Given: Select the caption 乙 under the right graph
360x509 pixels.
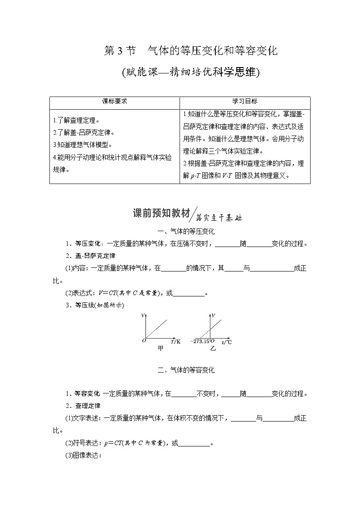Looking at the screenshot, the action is pyautogui.click(x=213, y=349).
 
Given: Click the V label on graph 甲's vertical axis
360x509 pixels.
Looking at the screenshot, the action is pyautogui.click(x=143, y=315).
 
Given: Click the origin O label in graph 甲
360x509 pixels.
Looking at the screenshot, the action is pyautogui.click(x=144, y=340).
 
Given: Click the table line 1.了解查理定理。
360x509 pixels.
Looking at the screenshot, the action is pyautogui.click(x=76, y=121).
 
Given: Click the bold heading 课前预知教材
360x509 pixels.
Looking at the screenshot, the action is pyautogui.click(x=161, y=213).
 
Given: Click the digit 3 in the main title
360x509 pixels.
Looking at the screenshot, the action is pyautogui.click(x=121, y=51).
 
